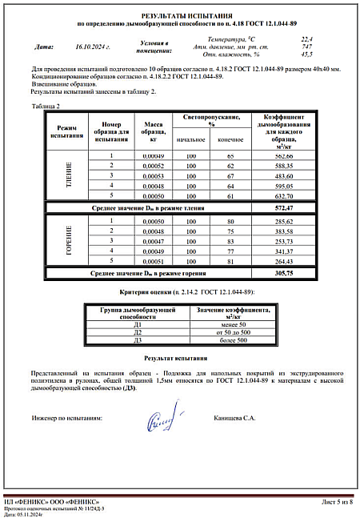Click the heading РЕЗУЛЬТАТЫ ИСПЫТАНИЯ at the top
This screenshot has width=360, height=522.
180,15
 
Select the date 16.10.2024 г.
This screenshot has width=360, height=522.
92,47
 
